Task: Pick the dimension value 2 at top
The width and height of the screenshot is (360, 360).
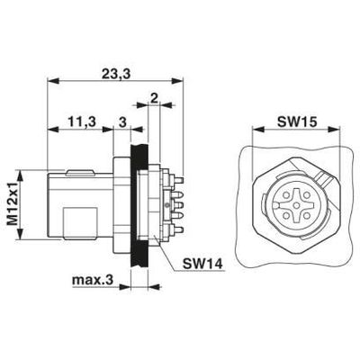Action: (155, 97)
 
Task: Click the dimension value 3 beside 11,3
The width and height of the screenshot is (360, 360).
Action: (122, 121)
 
